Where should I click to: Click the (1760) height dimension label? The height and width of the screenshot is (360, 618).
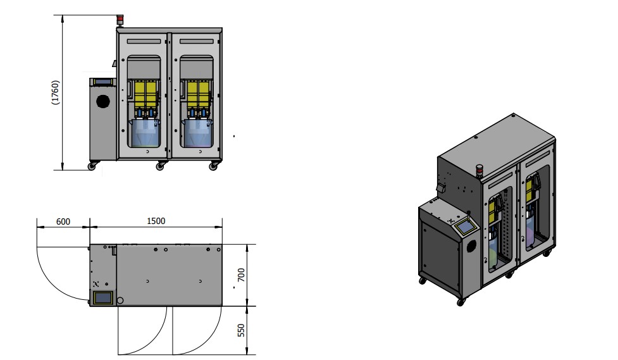[55, 92]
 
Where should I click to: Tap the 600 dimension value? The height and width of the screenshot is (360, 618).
[63, 221]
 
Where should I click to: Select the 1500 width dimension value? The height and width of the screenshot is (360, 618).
[156, 221]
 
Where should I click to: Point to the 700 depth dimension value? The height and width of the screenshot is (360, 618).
[241, 275]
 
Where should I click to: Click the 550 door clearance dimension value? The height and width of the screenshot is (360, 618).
[241, 330]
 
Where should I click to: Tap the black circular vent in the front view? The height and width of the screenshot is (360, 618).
[103, 101]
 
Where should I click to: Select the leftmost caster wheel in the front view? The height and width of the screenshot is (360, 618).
[92, 166]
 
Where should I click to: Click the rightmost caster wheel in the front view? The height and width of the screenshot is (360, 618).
[213, 166]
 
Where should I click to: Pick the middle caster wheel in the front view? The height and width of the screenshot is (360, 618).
[160, 166]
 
